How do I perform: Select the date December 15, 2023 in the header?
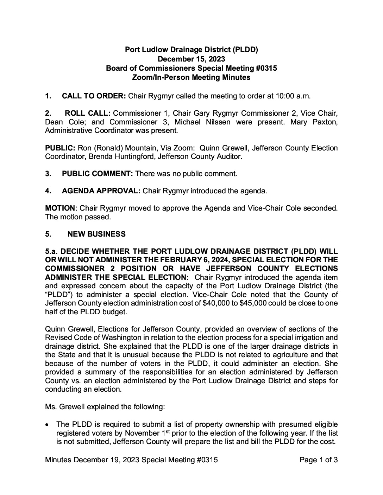(191, 59)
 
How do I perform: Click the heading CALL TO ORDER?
(94, 96)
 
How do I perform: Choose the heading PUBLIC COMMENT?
(97, 174)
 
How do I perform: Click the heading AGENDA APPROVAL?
(101, 191)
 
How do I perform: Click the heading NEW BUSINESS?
(96, 234)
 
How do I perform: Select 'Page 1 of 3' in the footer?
(318, 460)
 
